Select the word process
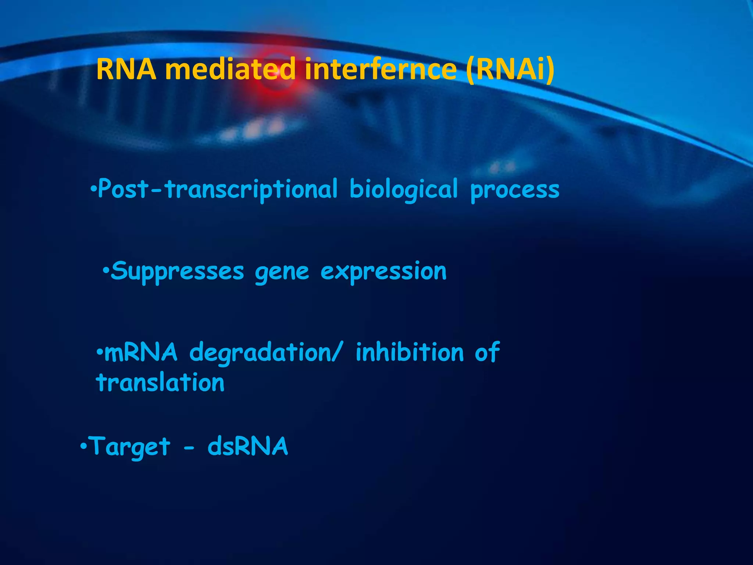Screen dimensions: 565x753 click(x=515, y=190)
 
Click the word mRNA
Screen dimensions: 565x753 click(x=141, y=352)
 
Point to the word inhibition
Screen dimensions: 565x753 click(x=410, y=352)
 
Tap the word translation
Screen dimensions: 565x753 click(x=160, y=383)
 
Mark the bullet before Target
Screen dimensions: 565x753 click(x=83, y=447)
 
